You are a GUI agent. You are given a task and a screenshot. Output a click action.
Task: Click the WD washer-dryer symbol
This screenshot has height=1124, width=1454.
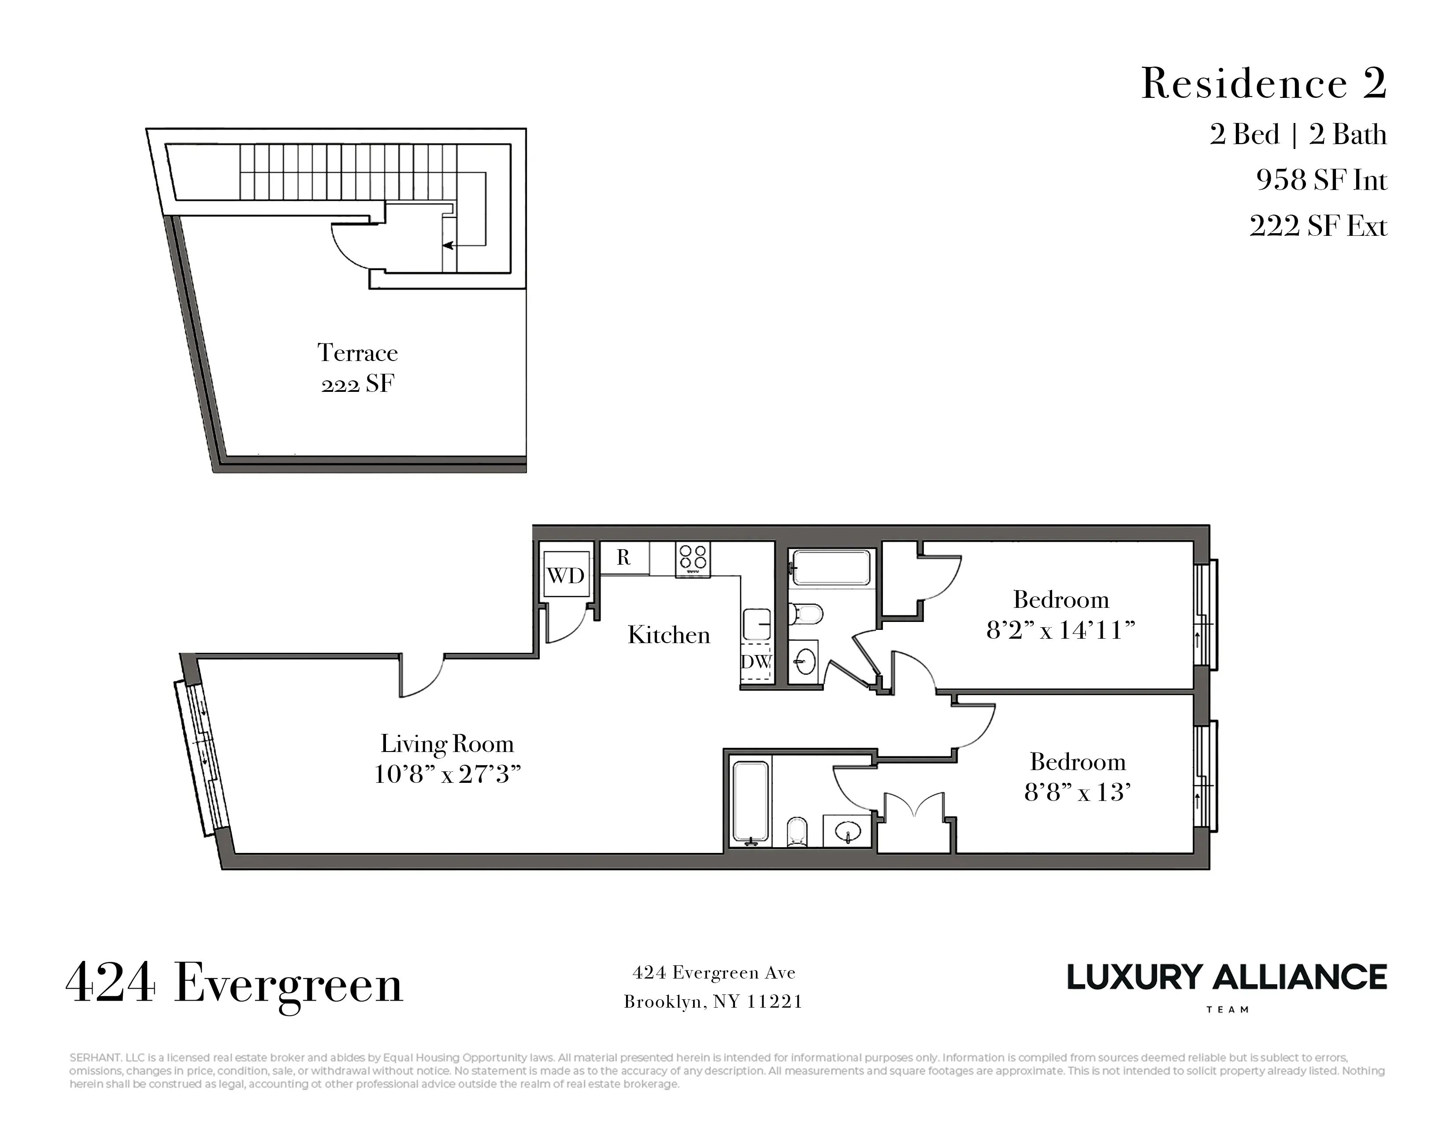[565, 575]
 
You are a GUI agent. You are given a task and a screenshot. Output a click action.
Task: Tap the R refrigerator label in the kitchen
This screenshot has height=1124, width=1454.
[623, 557]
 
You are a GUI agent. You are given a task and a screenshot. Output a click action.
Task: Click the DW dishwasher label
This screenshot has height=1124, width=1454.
[756, 662]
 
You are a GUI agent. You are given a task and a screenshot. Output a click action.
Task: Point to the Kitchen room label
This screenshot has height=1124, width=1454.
[668, 635]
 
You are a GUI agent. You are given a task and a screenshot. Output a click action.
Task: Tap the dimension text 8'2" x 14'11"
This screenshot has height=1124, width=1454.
[1060, 630]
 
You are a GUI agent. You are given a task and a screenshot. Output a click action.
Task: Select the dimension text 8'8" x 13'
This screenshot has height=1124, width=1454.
[1077, 792]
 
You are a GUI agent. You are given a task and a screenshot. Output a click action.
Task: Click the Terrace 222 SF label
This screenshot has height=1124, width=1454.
[357, 368]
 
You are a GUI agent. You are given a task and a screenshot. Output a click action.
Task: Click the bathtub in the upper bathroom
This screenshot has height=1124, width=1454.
[831, 567]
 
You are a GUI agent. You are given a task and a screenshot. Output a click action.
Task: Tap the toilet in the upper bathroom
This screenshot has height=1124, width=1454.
[805, 613]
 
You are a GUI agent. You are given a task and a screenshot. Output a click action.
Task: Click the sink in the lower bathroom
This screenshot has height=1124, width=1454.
[847, 831]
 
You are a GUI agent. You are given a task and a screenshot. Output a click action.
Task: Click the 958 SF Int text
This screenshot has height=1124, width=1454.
[1321, 180]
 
